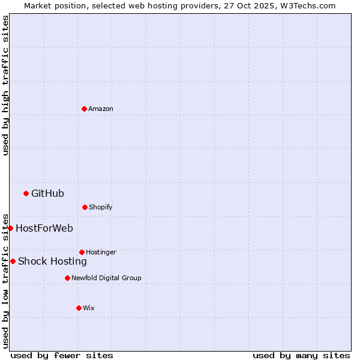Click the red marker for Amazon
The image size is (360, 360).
tap(84, 109)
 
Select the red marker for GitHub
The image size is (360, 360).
tap(26, 193)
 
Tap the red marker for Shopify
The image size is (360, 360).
tap(85, 207)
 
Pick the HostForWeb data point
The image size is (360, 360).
tap(10, 228)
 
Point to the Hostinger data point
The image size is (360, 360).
tap(82, 252)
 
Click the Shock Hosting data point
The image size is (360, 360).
tap(13, 261)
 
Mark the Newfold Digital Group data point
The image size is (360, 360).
tap(67, 278)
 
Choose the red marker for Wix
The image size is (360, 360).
tap(79, 308)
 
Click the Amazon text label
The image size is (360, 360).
tap(101, 109)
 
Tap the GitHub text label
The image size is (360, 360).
tap(47, 193)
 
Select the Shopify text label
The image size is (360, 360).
tap(101, 207)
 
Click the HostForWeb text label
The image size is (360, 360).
tap(44, 228)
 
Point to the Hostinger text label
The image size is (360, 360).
tap(101, 252)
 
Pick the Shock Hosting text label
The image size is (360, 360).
tap(52, 261)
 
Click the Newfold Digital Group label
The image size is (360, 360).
tap(106, 278)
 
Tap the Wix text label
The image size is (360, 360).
tap(89, 308)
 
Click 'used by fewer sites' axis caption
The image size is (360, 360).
tap(62, 355)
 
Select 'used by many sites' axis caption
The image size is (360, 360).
tap(301, 355)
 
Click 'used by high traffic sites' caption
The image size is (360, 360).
tap(5, 85)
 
